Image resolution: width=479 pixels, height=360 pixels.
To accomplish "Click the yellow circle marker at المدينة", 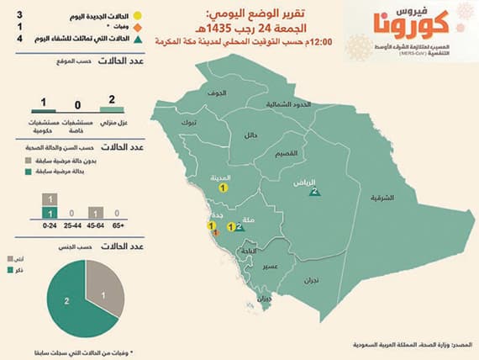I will tap(223, 189).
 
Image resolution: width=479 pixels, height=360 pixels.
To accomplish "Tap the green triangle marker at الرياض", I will tap(313, 193).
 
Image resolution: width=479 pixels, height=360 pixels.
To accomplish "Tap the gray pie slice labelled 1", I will tap(103, 292).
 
